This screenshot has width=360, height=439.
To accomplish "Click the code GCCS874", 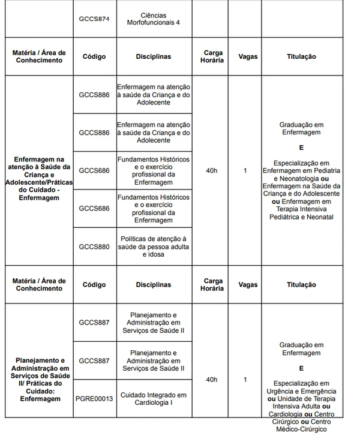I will (x=94, y=19).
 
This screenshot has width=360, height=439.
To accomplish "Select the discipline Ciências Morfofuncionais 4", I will (x=154, y=19).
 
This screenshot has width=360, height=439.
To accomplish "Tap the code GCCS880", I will (x=94, y=246).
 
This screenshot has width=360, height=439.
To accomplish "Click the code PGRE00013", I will (x=94, y=398).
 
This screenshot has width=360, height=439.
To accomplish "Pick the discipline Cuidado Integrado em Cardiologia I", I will (x=154, y=398).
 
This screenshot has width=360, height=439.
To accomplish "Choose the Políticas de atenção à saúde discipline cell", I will (x=154, y=246).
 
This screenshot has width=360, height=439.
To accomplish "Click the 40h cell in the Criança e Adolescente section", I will (x=211, y=171).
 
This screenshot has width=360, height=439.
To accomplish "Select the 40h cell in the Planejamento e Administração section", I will (x=211, y=379).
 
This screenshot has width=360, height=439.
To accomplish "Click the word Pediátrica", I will (x=287, y=217).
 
